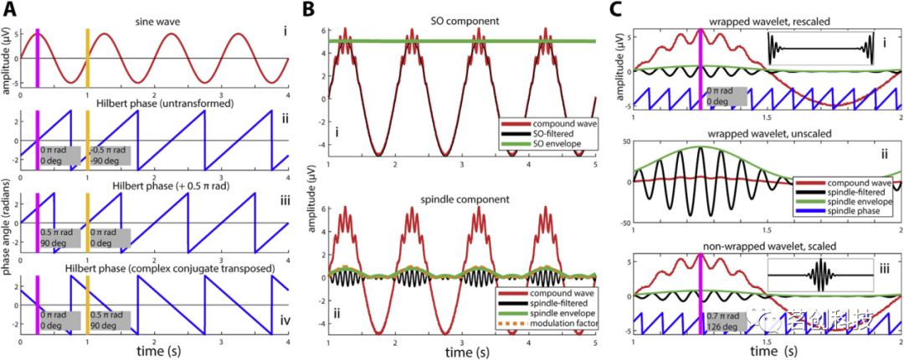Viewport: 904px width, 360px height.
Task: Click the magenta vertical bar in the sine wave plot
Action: (x=37, y=55)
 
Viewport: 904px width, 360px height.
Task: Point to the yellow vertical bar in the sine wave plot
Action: (x=87, y=55)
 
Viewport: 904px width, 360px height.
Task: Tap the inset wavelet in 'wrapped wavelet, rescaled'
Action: (x=820, y=50)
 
